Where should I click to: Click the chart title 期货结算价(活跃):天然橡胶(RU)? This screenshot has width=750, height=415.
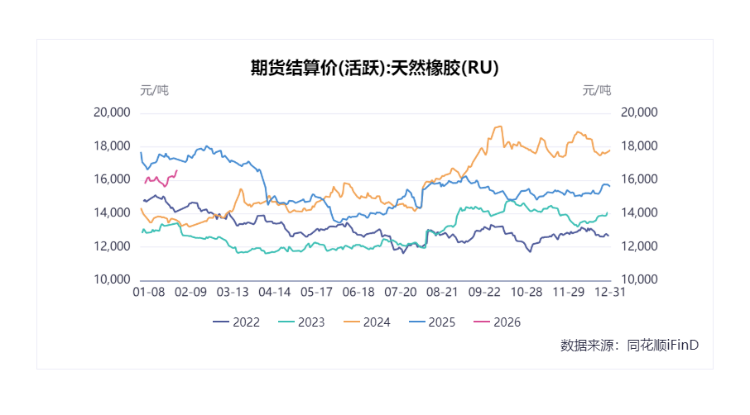click(375, 69)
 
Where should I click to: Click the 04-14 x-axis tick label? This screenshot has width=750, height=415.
click(275, 292)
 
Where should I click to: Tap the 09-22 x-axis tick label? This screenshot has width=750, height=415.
click(484, 292)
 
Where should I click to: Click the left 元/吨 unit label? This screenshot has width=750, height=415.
click(154, 90)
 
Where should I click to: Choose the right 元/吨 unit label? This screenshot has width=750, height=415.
click(596, 90)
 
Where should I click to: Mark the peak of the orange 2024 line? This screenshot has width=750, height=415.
click(500, 126)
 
